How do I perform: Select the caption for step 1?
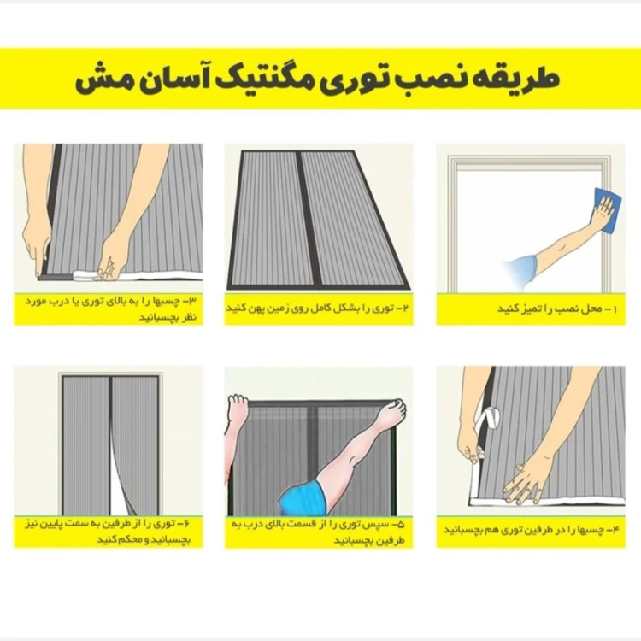(530, 309)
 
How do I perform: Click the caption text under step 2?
(319, 309)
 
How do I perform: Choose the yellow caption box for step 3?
(109, 308)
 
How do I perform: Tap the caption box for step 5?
(319, 532)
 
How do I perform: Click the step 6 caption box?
(109, 532)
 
